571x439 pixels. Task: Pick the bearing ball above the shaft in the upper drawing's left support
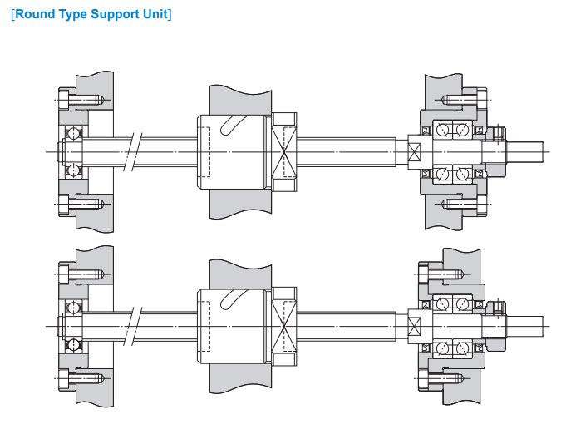73,133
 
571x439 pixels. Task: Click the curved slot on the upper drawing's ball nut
235,125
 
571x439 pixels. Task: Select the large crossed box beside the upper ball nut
285,150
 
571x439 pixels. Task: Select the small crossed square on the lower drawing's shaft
415,326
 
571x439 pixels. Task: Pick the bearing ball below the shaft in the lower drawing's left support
73,343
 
